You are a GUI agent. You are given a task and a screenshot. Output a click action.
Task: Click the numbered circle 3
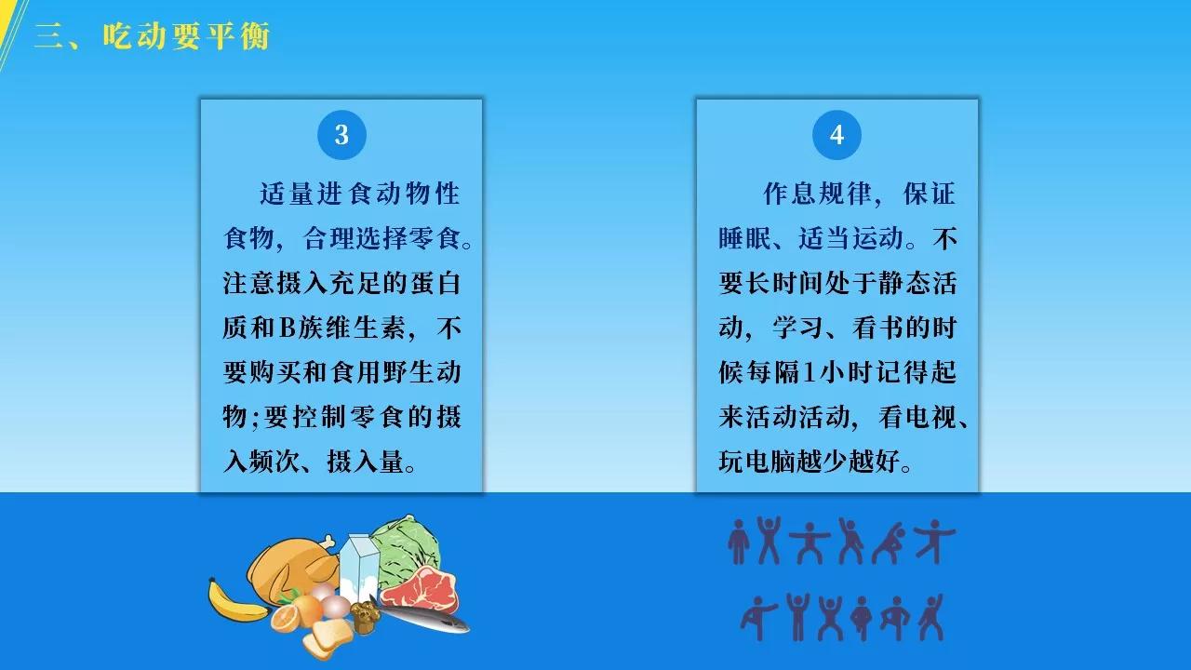point(341,135)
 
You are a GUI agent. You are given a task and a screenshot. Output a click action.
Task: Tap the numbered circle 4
point(836,135)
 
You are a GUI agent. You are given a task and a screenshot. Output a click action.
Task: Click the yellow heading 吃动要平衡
point(187,36)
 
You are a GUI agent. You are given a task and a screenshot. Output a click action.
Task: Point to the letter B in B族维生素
point(287,328)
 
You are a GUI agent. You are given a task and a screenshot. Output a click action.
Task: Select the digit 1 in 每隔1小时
point(809,372)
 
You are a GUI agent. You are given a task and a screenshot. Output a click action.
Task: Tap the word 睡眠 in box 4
point(744,238)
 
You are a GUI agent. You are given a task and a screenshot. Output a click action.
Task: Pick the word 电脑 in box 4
point(771,461)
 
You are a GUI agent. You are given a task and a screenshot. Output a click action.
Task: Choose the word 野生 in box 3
point(408,372)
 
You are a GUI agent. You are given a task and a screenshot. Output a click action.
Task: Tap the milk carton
point(359,567)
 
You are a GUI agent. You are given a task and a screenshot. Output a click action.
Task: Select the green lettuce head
point(407,548)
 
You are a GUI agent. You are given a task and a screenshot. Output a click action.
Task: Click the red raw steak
point(420,589)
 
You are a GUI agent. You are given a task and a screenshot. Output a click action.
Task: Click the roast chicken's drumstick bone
point(326,543)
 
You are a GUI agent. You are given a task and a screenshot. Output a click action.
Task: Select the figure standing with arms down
point(738,542)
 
